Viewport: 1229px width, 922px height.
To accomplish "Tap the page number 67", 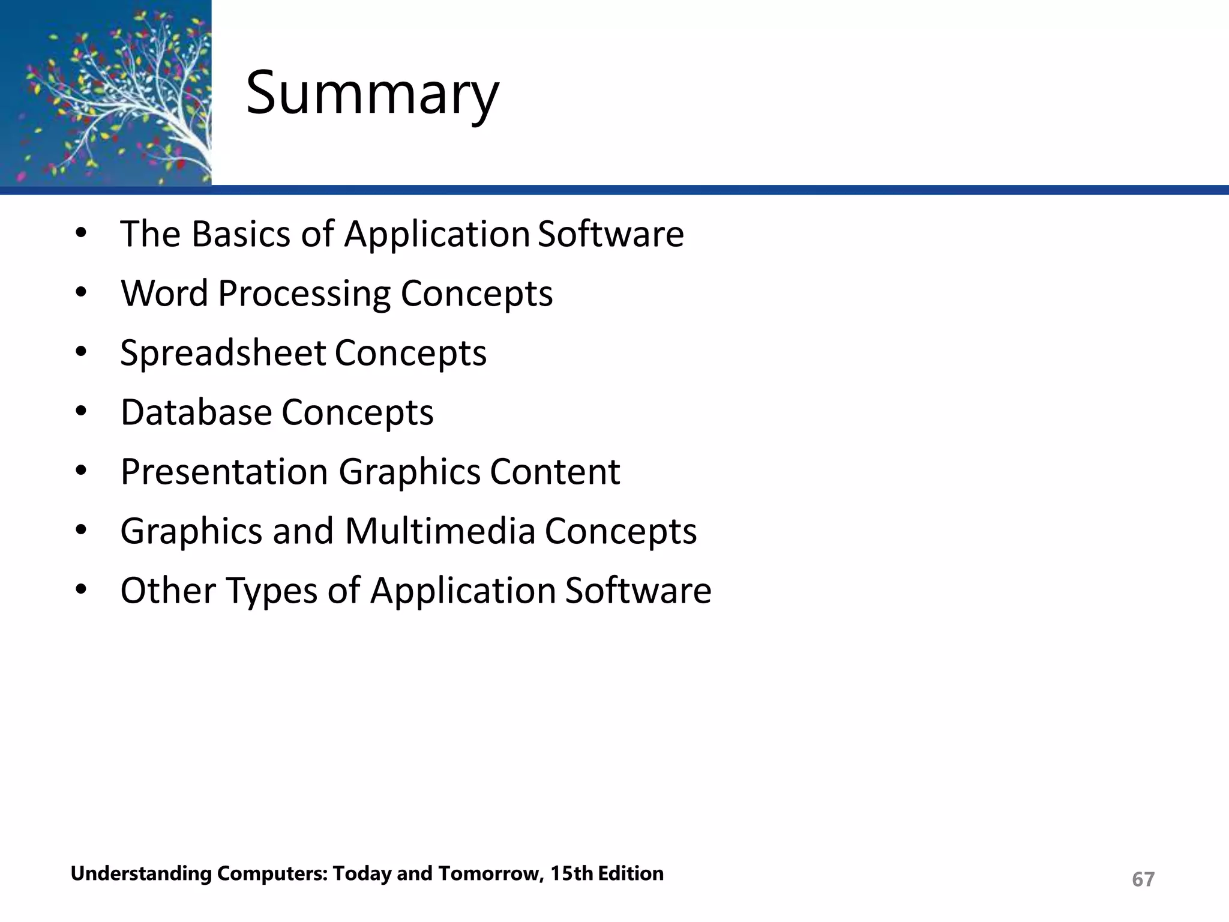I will click(1143, 879).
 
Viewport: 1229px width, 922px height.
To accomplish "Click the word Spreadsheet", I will click(223, 353).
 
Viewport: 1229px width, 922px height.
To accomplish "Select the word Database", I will click(196, 412).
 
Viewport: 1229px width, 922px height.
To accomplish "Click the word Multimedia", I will click(440, 531).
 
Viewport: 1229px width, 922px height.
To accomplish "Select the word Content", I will click(554, 472).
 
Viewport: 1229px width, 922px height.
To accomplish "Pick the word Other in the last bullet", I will click(168, 591).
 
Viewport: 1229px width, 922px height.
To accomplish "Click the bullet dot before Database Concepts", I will click(82, 412).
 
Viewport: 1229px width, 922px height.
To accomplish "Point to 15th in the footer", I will click(572, 873).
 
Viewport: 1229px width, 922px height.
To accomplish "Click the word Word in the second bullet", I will click(164, 294).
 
